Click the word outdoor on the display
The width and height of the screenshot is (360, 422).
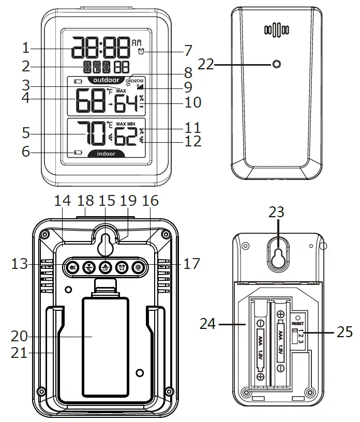click(106, 81)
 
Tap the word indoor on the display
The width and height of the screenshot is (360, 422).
click(106, 154)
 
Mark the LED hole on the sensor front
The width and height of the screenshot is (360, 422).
click(276, 65)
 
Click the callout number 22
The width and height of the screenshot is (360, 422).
click(205, 64)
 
